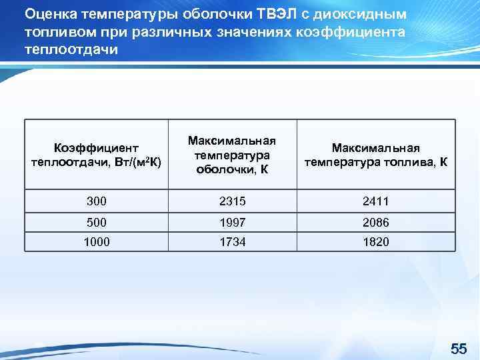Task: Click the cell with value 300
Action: (97, 201)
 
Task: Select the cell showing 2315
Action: (232, 201)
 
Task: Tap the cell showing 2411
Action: (376, 201)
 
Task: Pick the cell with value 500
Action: (97, 222)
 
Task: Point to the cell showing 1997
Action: (232, 222)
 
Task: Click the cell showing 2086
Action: (376, 222)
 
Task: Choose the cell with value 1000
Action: (97, 242)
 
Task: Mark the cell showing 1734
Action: (232, 242)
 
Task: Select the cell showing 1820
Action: (376, 242)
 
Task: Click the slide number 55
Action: (459, 349)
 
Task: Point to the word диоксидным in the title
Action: (361, 14)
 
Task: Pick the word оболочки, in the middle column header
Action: (225, 169)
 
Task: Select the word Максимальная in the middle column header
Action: (232, 141)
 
